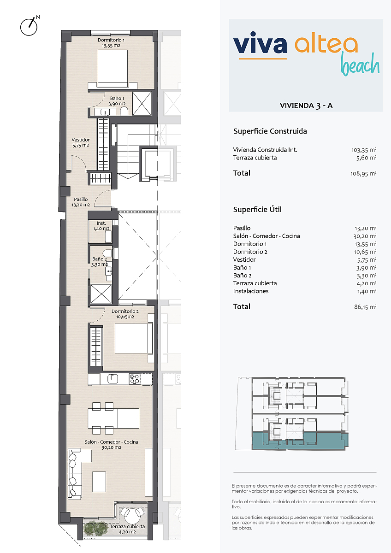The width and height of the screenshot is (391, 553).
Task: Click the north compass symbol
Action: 29,27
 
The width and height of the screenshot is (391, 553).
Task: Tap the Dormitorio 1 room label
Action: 111,42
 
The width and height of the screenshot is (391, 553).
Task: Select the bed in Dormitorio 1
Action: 113,69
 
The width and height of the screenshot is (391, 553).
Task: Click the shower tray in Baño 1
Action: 142,104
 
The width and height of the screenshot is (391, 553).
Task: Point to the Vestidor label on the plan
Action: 81,142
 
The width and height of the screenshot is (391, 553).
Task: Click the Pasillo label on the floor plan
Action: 81,202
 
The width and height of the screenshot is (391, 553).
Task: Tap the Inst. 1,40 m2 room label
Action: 101,226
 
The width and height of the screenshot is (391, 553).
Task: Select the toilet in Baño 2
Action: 107,253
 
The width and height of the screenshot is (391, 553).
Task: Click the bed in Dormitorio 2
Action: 133,338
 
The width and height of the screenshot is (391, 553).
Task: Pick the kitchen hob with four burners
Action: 134,379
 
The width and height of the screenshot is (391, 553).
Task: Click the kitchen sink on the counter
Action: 113,379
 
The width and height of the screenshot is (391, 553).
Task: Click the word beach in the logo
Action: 360,65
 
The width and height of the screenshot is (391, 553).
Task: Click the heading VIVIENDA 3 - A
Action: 306,106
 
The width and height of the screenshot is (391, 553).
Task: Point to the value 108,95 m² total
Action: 363,174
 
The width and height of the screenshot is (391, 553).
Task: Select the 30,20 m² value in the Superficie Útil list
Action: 365,236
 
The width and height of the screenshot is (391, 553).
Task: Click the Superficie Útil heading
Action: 257,210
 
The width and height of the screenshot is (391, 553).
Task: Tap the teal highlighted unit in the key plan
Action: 300,441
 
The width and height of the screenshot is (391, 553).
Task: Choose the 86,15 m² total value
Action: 365,307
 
